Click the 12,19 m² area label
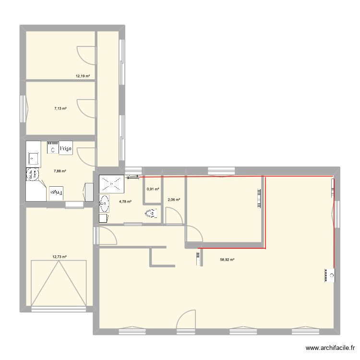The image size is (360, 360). click(83, 76)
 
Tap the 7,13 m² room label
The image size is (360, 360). click(60, 109)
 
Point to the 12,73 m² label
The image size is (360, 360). click(60, 257)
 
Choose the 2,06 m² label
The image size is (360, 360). click(173, 200)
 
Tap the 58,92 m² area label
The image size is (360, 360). click(227, 260)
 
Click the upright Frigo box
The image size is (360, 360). click(65, 149)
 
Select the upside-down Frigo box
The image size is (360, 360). click(57, 192)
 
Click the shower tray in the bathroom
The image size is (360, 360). click(112, 183)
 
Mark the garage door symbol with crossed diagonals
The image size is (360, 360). click(59, 283)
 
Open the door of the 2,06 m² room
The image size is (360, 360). click(174, 215)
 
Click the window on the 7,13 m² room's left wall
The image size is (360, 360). click(23, 109)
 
